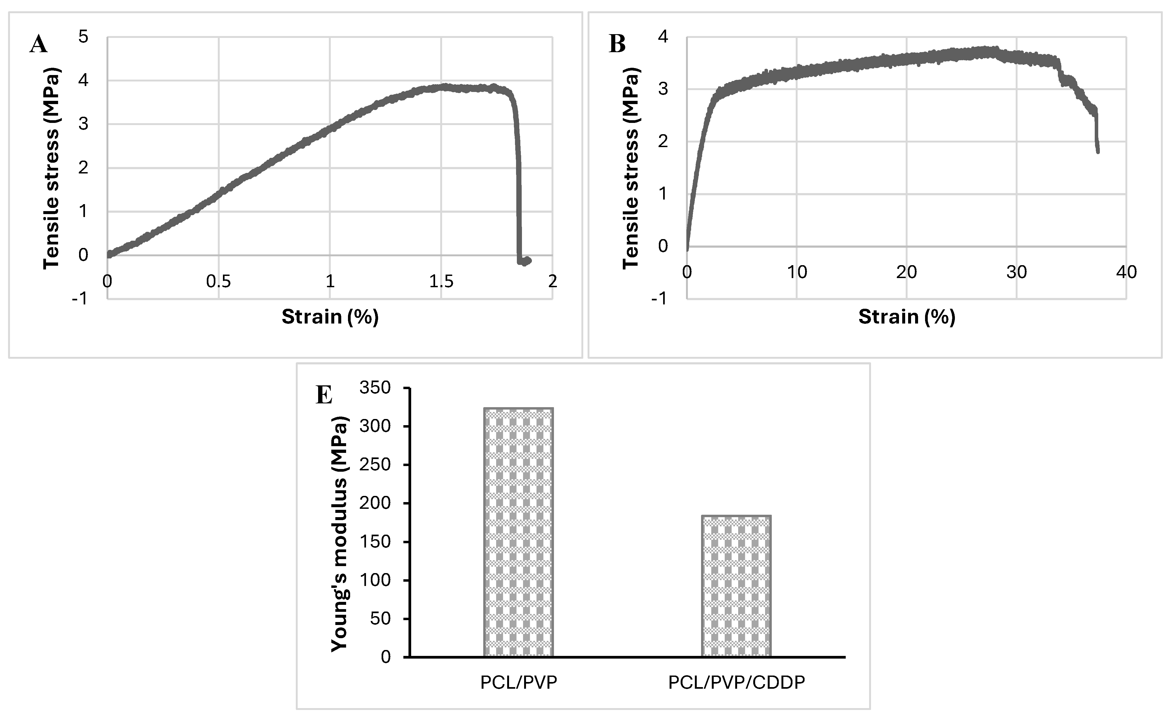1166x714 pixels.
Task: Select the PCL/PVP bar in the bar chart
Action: pyautogui.click(x=518, y=532)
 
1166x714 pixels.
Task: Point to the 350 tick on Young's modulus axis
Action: pyautogui.click(x=375, y=388)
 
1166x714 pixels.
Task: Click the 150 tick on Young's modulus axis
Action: pyautogui.click(x=375, y=542)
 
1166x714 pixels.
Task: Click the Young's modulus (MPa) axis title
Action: pyautogui.click(x=339, y=534)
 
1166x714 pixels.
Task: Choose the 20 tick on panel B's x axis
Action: pyautogui.click(x=906, y=272)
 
